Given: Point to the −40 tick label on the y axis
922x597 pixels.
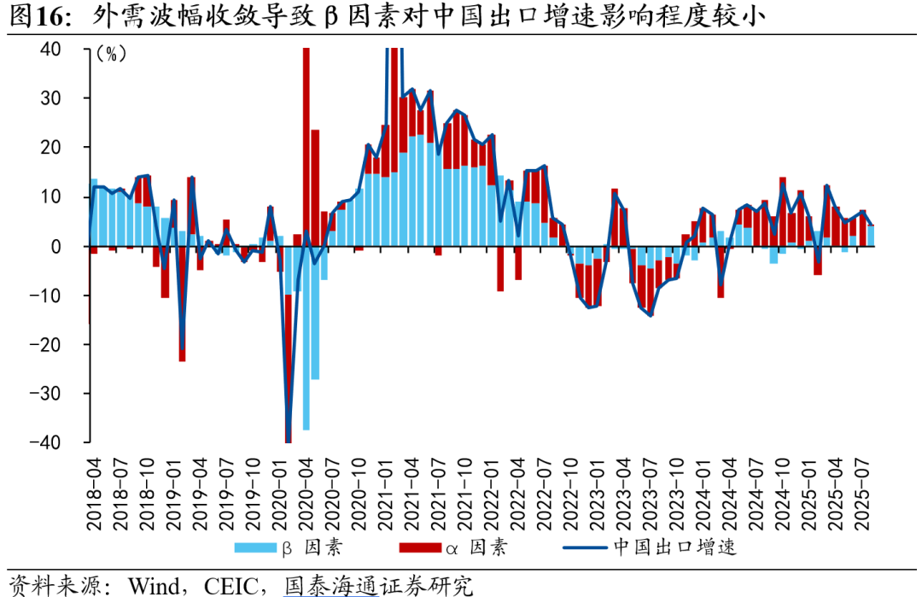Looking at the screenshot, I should click(46, 442).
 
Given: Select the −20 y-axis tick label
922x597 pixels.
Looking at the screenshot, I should click(46, 344).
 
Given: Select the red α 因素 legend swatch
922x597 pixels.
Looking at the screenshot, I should click(417, 547).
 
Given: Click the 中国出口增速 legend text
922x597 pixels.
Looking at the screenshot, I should click(674, 547).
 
